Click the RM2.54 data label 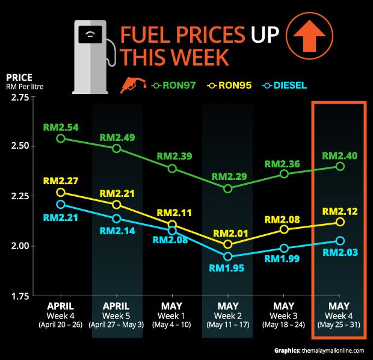tap(61, 128)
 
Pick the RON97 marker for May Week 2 tap(228, 188)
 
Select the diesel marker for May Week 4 tap(340, 241)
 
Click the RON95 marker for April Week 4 tap(61, 193)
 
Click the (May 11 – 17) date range tap(227, 325)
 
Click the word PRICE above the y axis tap(19, 77)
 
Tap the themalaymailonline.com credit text tap(327, 350)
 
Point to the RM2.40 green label tap(340, 155)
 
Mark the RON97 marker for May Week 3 tap(284, 174)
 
